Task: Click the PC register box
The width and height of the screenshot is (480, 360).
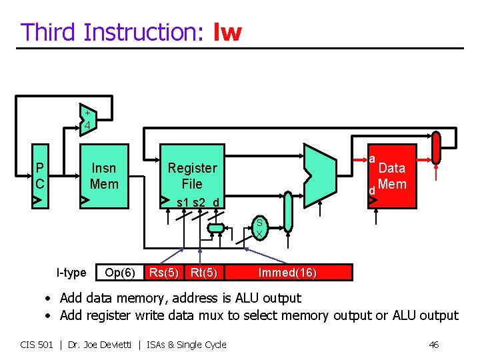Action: coord(41,175)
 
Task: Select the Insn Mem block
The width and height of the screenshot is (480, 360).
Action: coord(104,176)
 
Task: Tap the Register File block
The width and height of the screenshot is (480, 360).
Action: coord(192,176)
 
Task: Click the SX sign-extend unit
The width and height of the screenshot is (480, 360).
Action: coord(259,229)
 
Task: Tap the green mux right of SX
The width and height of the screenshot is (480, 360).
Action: coord(287,211)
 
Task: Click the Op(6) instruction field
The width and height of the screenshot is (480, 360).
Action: coord(120,272)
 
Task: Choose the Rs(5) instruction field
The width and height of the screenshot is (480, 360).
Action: coord(164,272)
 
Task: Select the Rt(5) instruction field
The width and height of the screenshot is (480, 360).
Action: coord(204,272)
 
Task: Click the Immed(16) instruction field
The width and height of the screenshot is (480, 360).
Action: coord(287,272)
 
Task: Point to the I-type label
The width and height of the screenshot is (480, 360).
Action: coord(71,272)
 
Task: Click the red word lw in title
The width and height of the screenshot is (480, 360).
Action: coord(227,32)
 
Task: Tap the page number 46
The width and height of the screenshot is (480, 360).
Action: coord(433,345)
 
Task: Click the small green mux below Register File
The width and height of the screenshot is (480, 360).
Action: coord(216,228)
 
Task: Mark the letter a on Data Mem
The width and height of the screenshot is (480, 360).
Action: coord(372,159)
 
